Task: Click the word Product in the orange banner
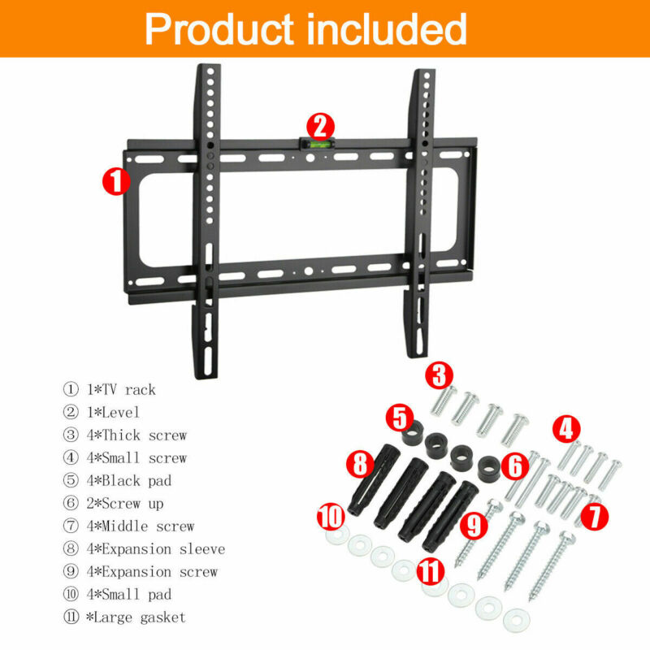point(219,28)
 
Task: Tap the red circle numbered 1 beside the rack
point(116,181)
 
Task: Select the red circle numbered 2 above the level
point(320,127)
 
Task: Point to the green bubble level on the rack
point(317,144)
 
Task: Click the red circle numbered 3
point(440,375)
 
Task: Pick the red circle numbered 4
point(566,429)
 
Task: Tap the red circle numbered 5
point(400,418)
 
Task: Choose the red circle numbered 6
point(515,466)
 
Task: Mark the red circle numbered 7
point(595,516)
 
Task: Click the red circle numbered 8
point(360,463)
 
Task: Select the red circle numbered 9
point(474,525)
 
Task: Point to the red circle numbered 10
point(331,517)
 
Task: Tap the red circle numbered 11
point(431,571)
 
